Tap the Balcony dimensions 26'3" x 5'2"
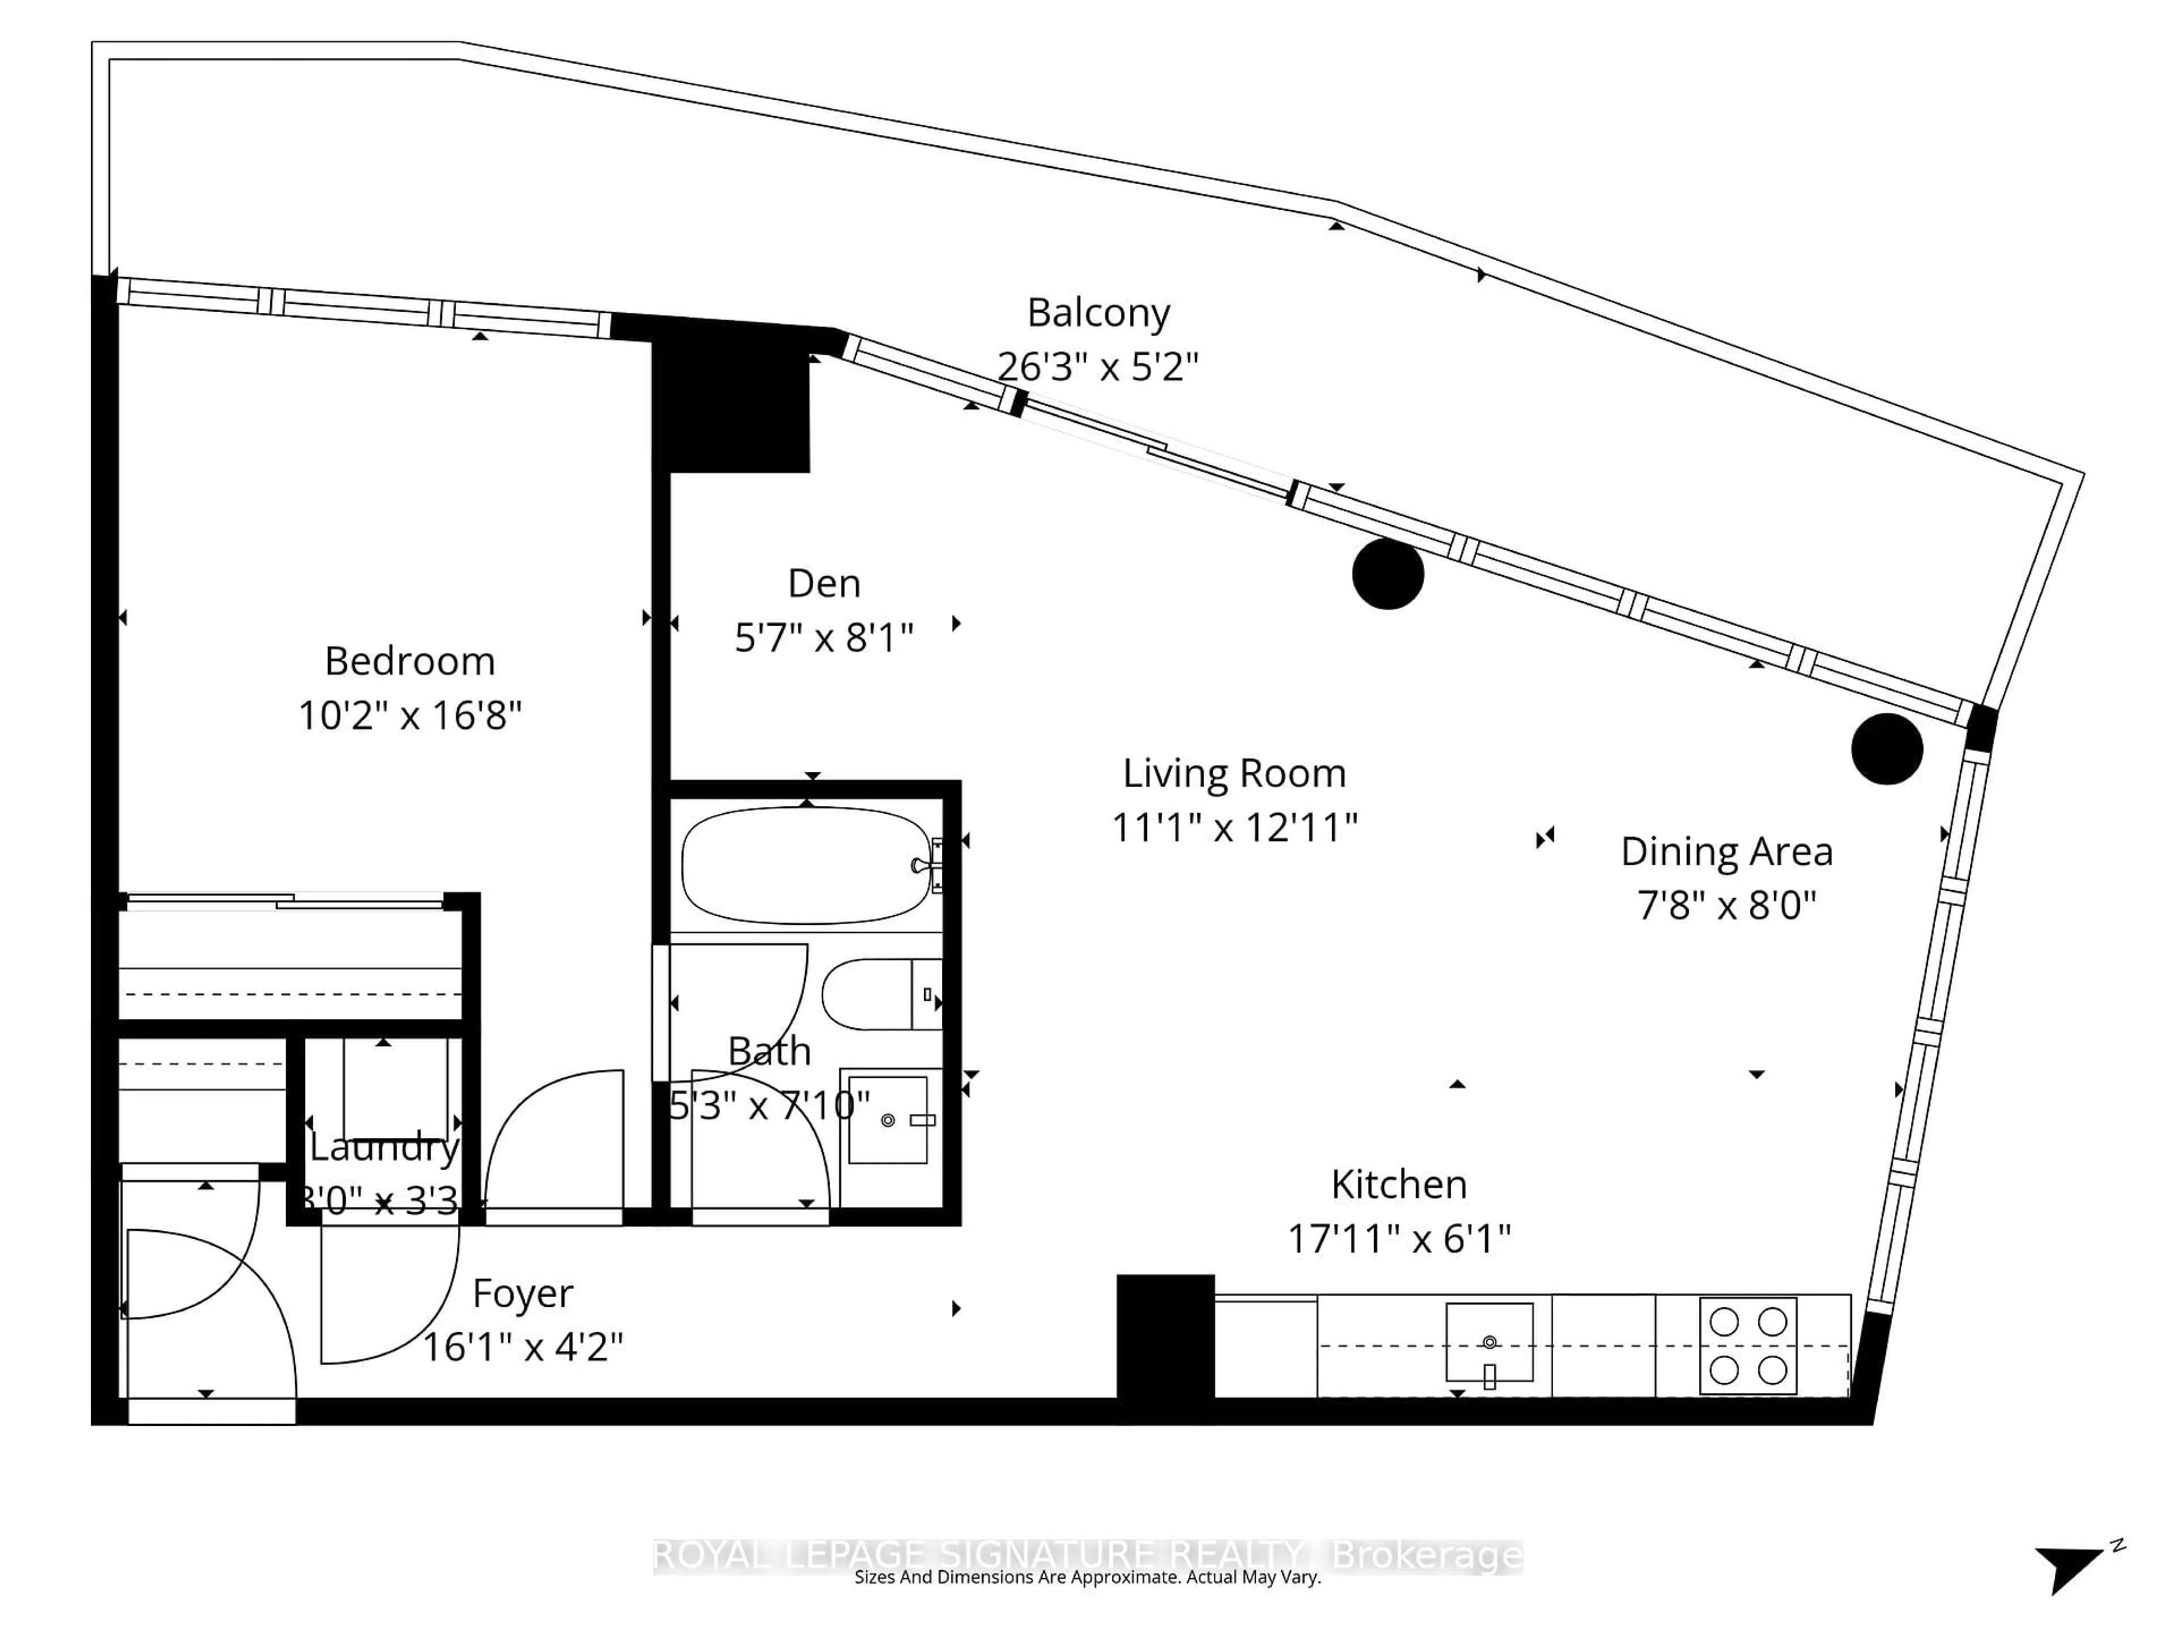(1098, 367)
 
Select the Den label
(824, 583)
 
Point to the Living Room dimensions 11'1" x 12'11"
(1235, 827)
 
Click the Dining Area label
(1727, 852)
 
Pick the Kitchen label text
(1399, 1184)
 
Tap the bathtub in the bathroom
(805, 866)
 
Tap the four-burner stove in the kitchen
(1748, 1346)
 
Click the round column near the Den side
(1388, 575)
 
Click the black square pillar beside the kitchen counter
(1164, 1336)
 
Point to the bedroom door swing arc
(553, 1141)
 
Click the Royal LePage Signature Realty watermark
(1087, 1555)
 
